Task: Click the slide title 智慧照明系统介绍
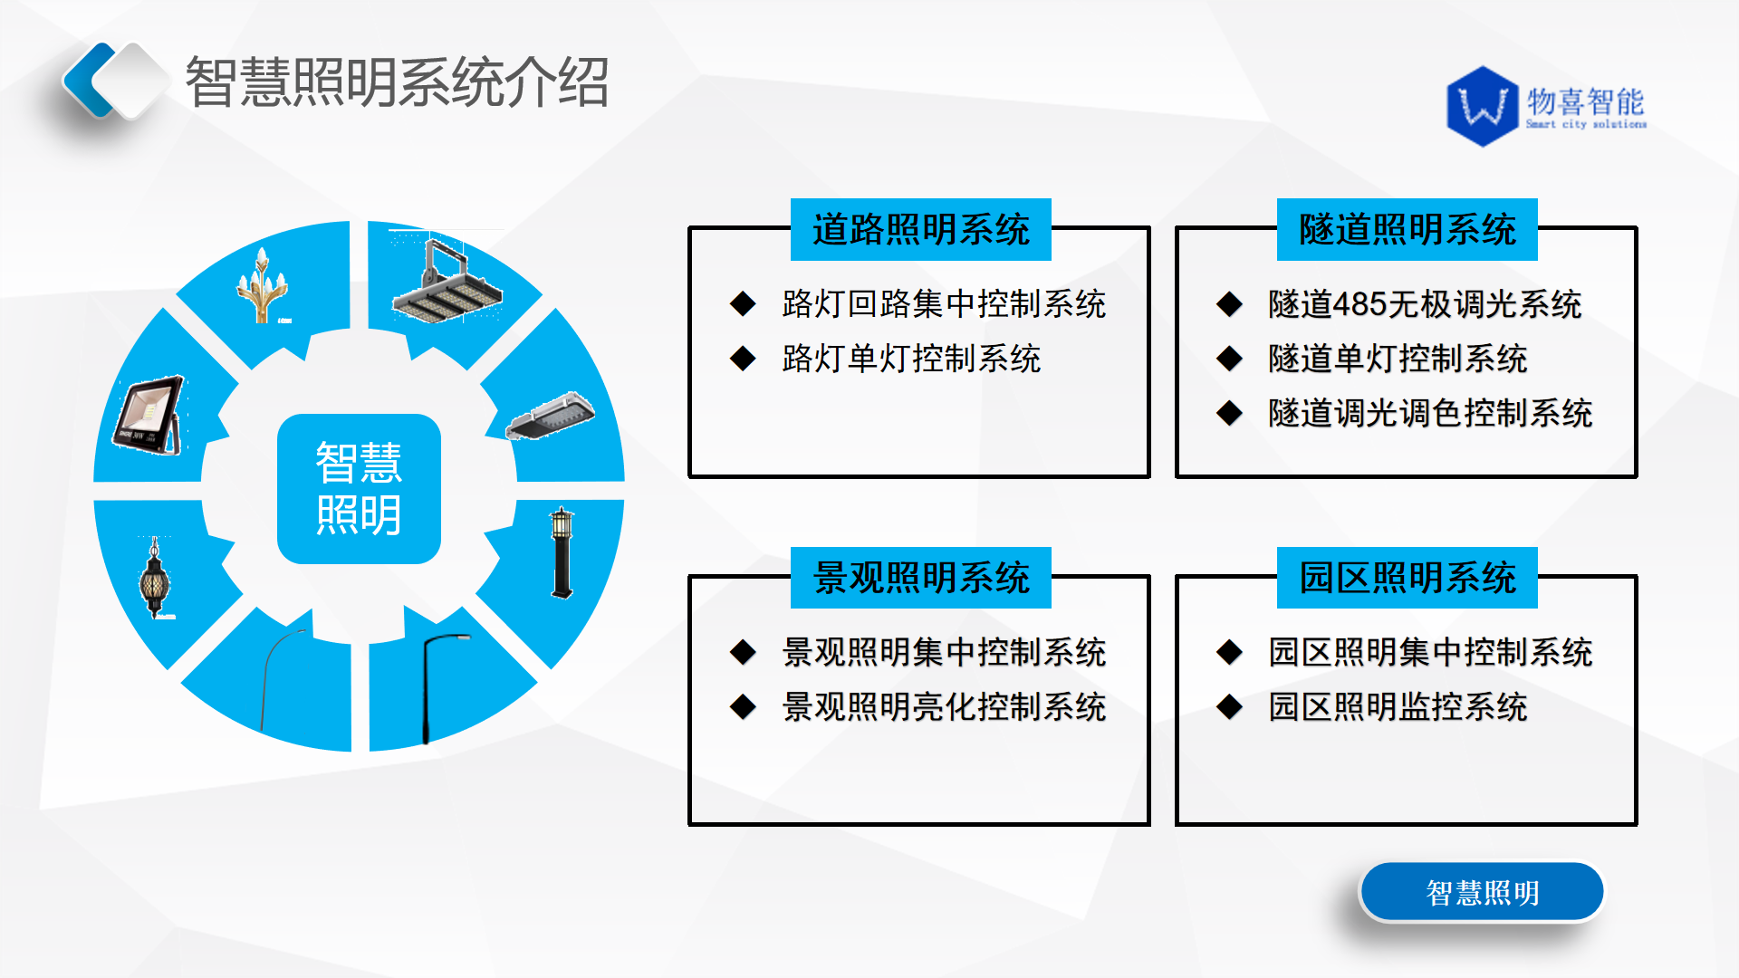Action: [397, 82]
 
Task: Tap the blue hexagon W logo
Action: [1483, 106]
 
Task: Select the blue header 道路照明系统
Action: [920, 229]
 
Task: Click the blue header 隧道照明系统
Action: [1407, 229]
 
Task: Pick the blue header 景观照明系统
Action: [920, 578]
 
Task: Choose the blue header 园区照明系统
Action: [1407, 578]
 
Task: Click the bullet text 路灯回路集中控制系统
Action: [944, 304]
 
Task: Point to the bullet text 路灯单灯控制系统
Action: [911, 359]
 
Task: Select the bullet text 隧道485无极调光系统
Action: [1425, 304]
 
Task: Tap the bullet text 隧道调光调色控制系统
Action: [1430, 413]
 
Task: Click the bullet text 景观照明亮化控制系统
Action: [944, 706]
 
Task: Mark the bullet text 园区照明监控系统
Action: [1398, 706]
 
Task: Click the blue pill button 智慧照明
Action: [1482, 892]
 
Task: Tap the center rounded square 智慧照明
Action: [359, 489]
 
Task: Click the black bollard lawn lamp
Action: [562, 552]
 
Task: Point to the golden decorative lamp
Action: [263, 285]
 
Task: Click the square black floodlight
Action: [149, 415]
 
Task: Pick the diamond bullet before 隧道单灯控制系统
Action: [1229, 359]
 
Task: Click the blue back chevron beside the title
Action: [89, 80]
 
